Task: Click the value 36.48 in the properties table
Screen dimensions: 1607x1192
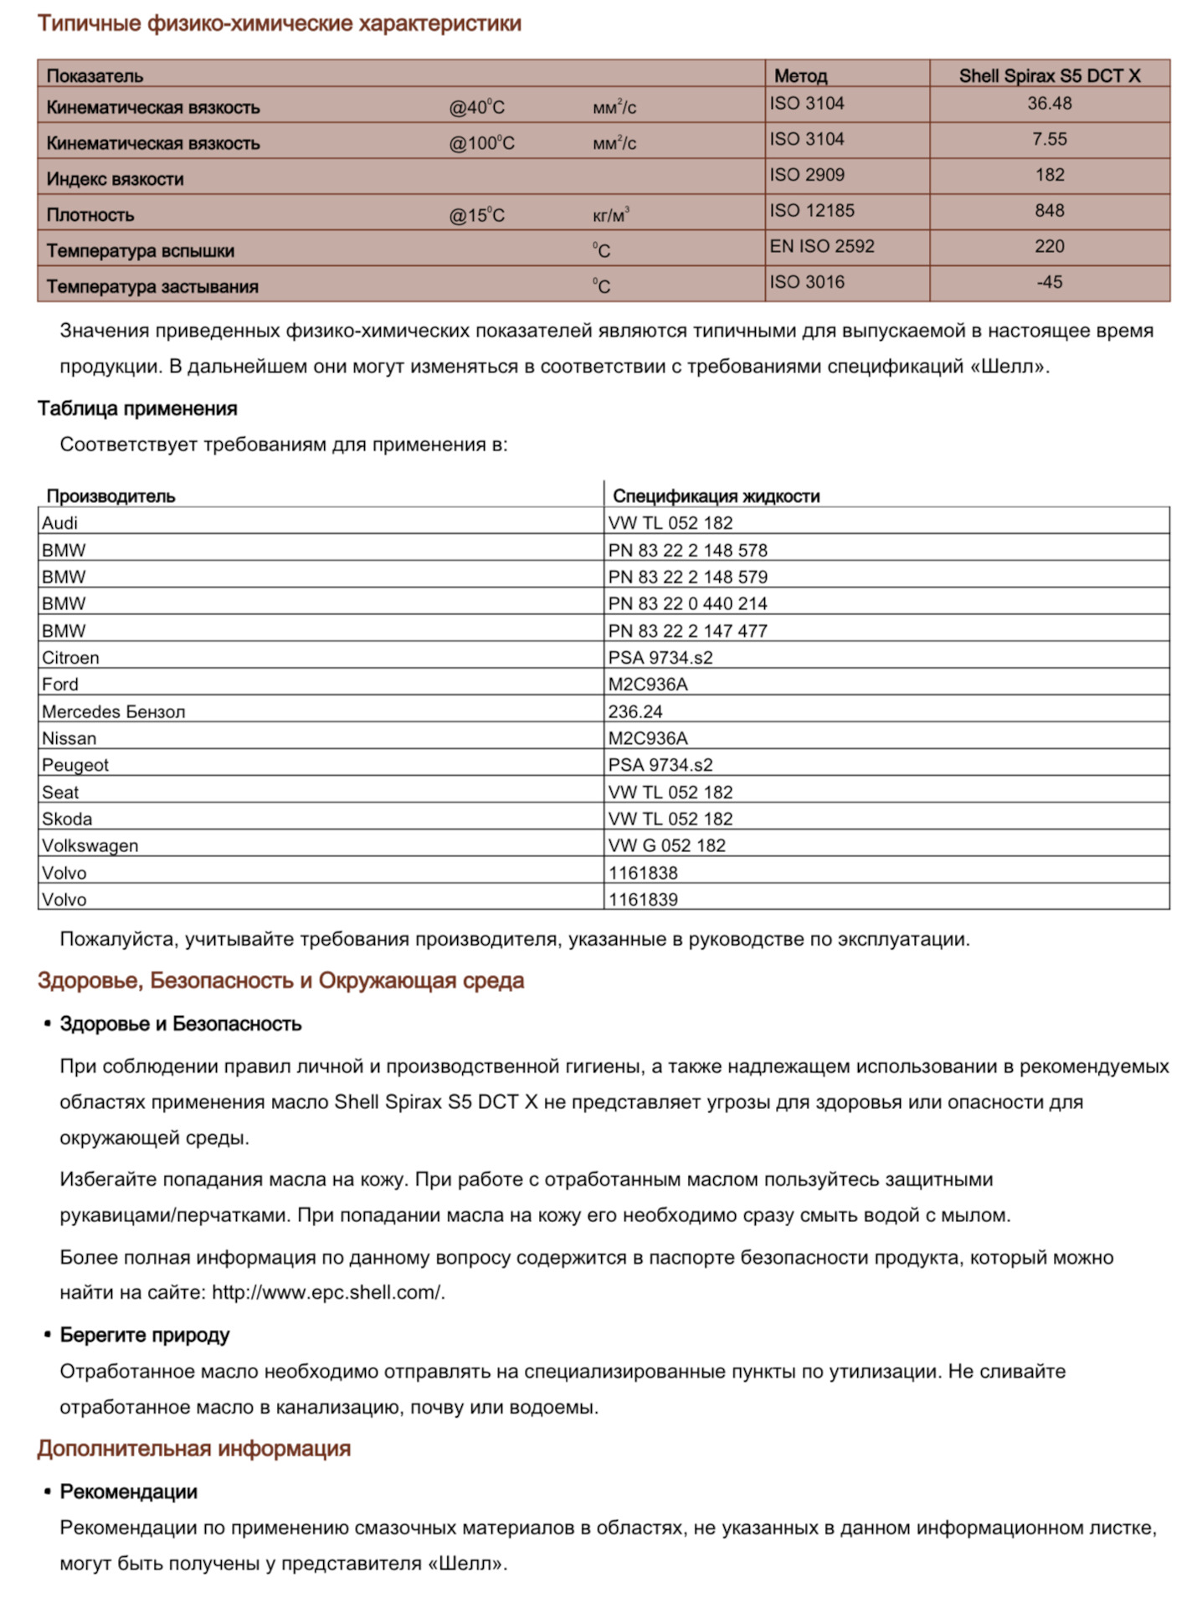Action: (x=1049, y=104)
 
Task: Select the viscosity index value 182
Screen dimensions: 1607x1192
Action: (x=1049, y=175)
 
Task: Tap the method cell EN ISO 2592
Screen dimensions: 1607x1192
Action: (x=822, y=246)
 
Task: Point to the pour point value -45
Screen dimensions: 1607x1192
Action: (x=1049, y=282)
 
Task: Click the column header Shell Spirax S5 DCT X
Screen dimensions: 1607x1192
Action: (x=1049, y=75)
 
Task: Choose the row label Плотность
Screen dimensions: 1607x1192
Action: (x=90, y=215)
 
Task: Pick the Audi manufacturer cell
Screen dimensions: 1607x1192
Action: (x=60, y=523)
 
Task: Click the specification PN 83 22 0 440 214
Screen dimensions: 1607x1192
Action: (x=687, y=603)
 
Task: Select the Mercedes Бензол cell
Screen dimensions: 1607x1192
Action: (x=114, y=711)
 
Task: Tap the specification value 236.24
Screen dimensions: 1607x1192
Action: (x=635, y=711)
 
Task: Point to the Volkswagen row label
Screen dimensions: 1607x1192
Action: (x=90, y=845)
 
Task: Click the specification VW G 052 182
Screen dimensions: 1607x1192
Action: (x=667, y=845)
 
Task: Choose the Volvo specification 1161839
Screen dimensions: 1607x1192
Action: (x=643, y=900)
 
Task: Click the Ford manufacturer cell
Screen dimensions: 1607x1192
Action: (x=60, y=685)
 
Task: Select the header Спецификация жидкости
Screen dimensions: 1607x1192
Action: (x=716, y=495)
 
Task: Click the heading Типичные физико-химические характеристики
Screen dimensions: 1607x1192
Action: (x=279, y=23)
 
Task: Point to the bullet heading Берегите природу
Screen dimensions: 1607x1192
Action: (x=145, y=1335)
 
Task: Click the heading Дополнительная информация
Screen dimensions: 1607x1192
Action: (x=193, y=1449)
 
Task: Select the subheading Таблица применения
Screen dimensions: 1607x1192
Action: (x=137, y=408)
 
